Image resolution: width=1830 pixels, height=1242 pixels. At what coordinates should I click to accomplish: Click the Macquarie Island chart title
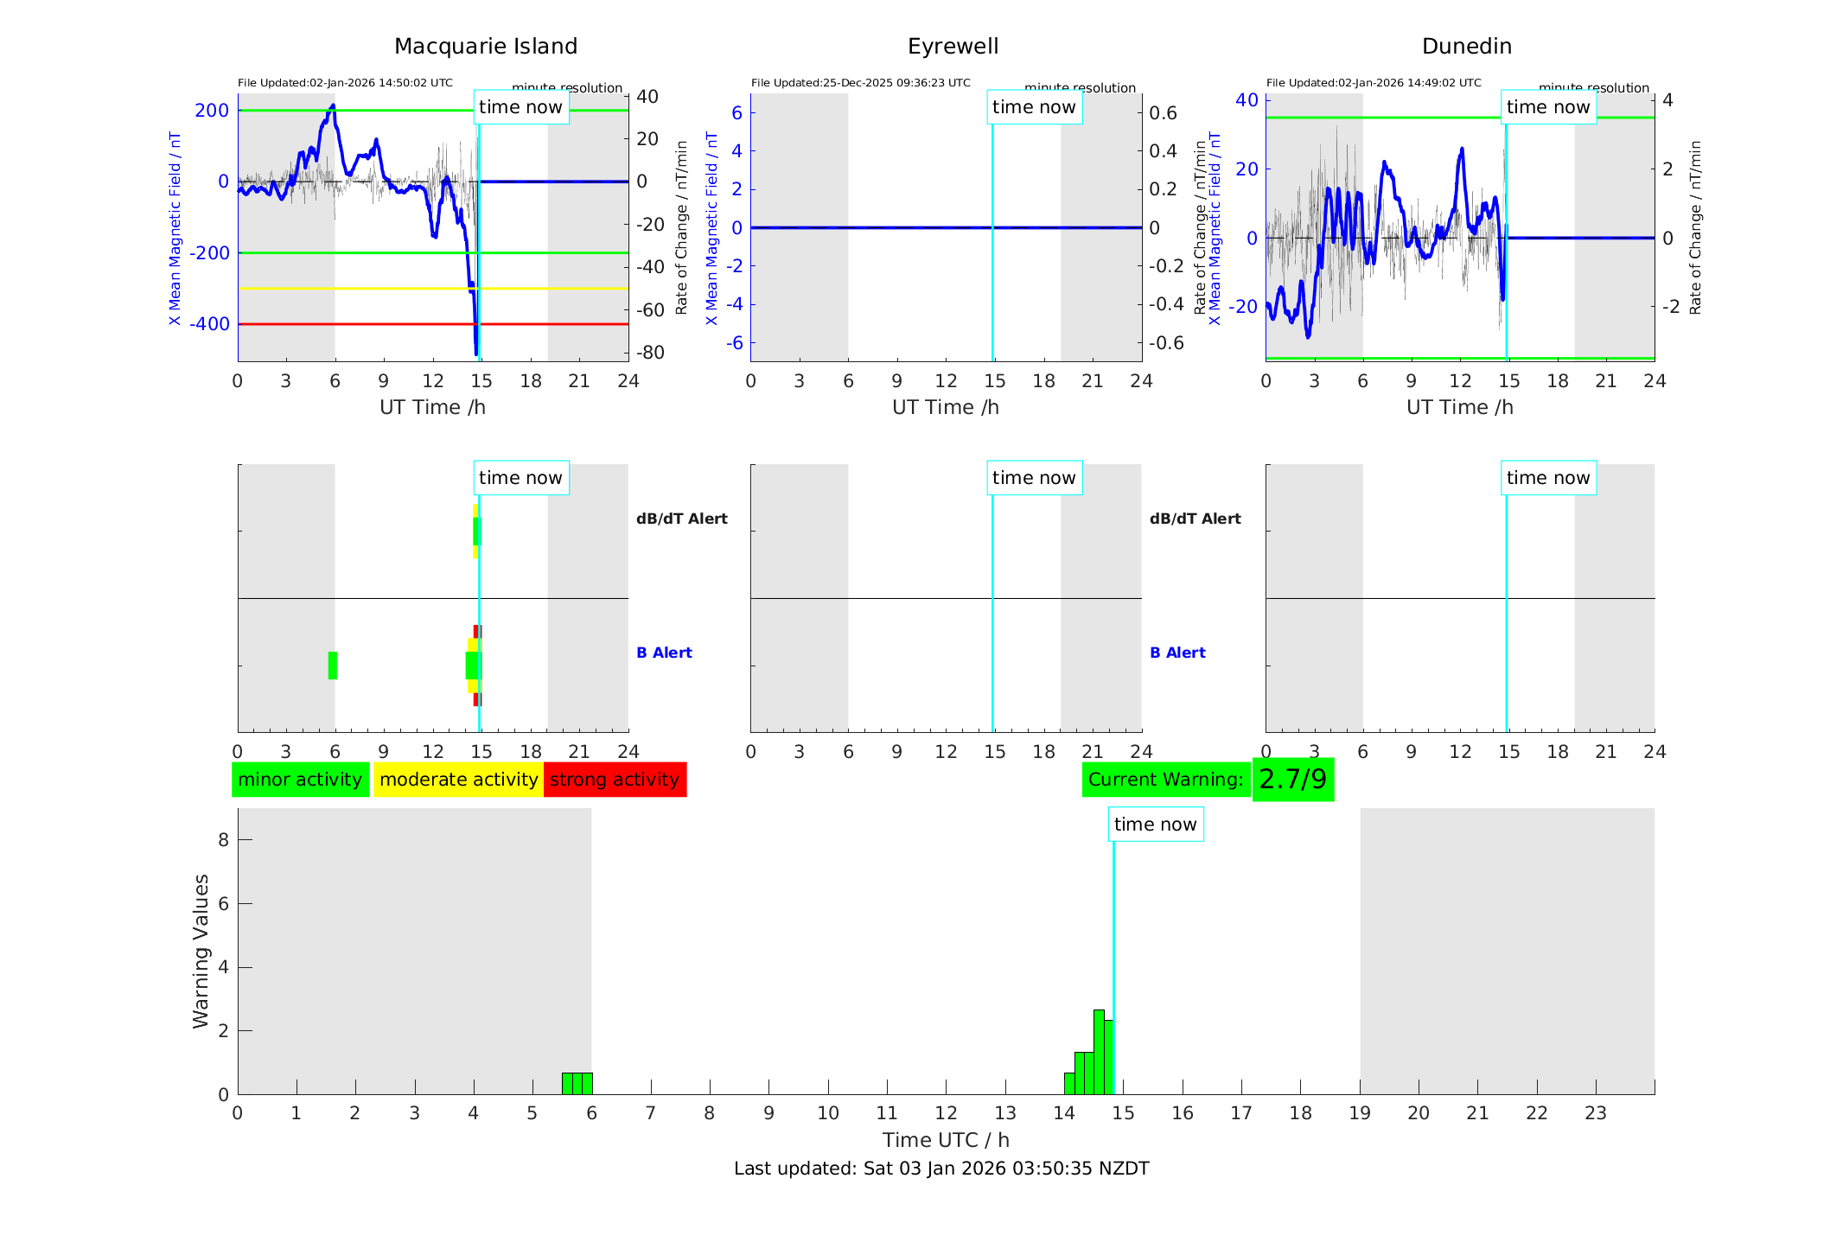pyautogui.click(x=485, y=47)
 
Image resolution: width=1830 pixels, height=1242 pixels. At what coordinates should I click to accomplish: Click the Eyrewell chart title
pyautogui.click(x=953, y=47)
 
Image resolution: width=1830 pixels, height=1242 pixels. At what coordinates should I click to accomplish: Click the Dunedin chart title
pyautogui.click(x=1466, y=47)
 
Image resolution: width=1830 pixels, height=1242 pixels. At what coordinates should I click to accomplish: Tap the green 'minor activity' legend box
pyautogui.click(x=300, y=780)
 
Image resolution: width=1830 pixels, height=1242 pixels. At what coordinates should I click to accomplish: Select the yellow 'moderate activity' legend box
pyautogui.click(x=458, y=780)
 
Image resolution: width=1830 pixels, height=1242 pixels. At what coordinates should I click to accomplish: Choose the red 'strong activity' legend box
pyautogui.click(x=615, y=780)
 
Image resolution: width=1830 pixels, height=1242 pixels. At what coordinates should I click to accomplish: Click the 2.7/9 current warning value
pyautogui.click(x=1292, y=780)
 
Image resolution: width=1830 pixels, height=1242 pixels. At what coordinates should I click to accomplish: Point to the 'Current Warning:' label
pyautogui.click(x=1165, y=780)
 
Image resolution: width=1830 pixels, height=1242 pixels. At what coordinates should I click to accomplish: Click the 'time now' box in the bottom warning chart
pyautogui.click(x=1155, y=825)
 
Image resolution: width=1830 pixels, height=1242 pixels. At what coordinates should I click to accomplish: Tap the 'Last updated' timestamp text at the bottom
pyautogui.click(x=941, y=1169)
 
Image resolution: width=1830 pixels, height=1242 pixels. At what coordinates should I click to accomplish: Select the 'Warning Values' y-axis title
pyautogui.click(x=201, y=951)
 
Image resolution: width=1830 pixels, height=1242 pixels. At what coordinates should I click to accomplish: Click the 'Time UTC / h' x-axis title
pyautogui.click(x=946, y=1140)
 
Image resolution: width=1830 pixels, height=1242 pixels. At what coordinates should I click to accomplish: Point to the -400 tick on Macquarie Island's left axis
pyautogui.click(x=210, y=324)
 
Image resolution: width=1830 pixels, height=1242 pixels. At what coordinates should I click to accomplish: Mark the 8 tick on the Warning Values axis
pyautogui.click(x=224, y=839)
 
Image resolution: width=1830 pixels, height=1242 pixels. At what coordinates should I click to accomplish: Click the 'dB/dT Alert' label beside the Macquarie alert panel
pyautogui.click(x=681, y=519)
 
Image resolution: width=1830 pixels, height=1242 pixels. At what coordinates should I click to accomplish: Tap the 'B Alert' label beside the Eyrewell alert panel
pyautogui.click(x=1177, y=653)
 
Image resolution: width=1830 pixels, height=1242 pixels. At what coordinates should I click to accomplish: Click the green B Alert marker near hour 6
pyautogui.click(x=333, y=666)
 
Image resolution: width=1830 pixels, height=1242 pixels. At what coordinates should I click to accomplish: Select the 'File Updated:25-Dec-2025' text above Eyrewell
pyautogui.click(x=860, y=83)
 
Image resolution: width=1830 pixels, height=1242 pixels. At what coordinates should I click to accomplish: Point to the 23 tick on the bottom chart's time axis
pyautogui.click(x=1595, y=1113)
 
